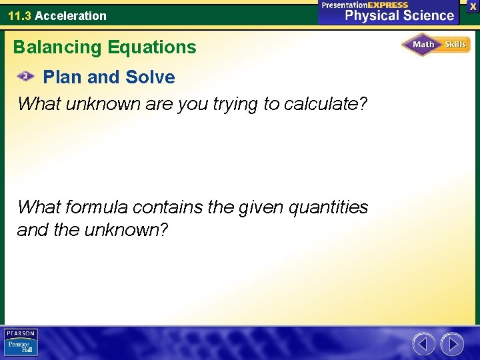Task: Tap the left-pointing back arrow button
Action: [x=424, y=344]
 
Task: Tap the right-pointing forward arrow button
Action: [x=453, y=344]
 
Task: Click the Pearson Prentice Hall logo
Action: [x=21, y=342]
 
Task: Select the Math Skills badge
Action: [x=435, y=45]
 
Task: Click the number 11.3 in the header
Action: [x=19, y=16]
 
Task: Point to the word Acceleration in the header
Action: [x=71, y=16]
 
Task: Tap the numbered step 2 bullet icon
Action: [x=25, y=77]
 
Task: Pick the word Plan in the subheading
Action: [x=63, y=77]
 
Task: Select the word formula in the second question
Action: [x=98, y=207]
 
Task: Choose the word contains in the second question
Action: [x=168, y=207]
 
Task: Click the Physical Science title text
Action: [x=399, y=16]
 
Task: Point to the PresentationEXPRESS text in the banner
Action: [x=365, y=5]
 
